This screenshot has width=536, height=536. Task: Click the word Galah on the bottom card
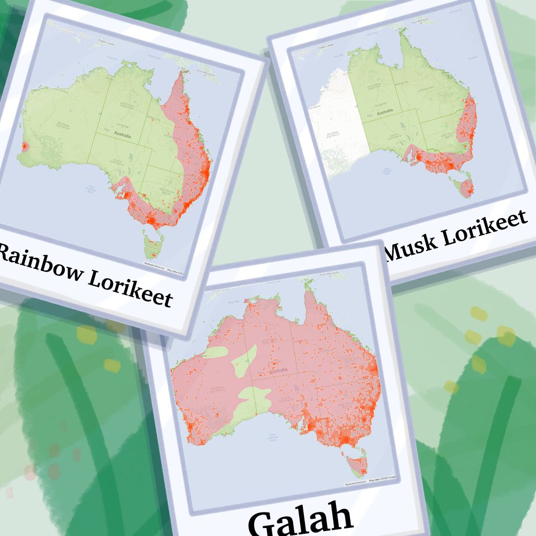[x=300, y=518]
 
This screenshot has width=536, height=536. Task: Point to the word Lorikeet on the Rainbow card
[x=130, y=286]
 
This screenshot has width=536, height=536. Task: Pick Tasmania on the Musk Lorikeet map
[x=464, y=187]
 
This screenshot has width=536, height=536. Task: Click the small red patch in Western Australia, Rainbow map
[x=24, y=145]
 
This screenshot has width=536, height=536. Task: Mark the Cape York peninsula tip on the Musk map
[x=415, y=38]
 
